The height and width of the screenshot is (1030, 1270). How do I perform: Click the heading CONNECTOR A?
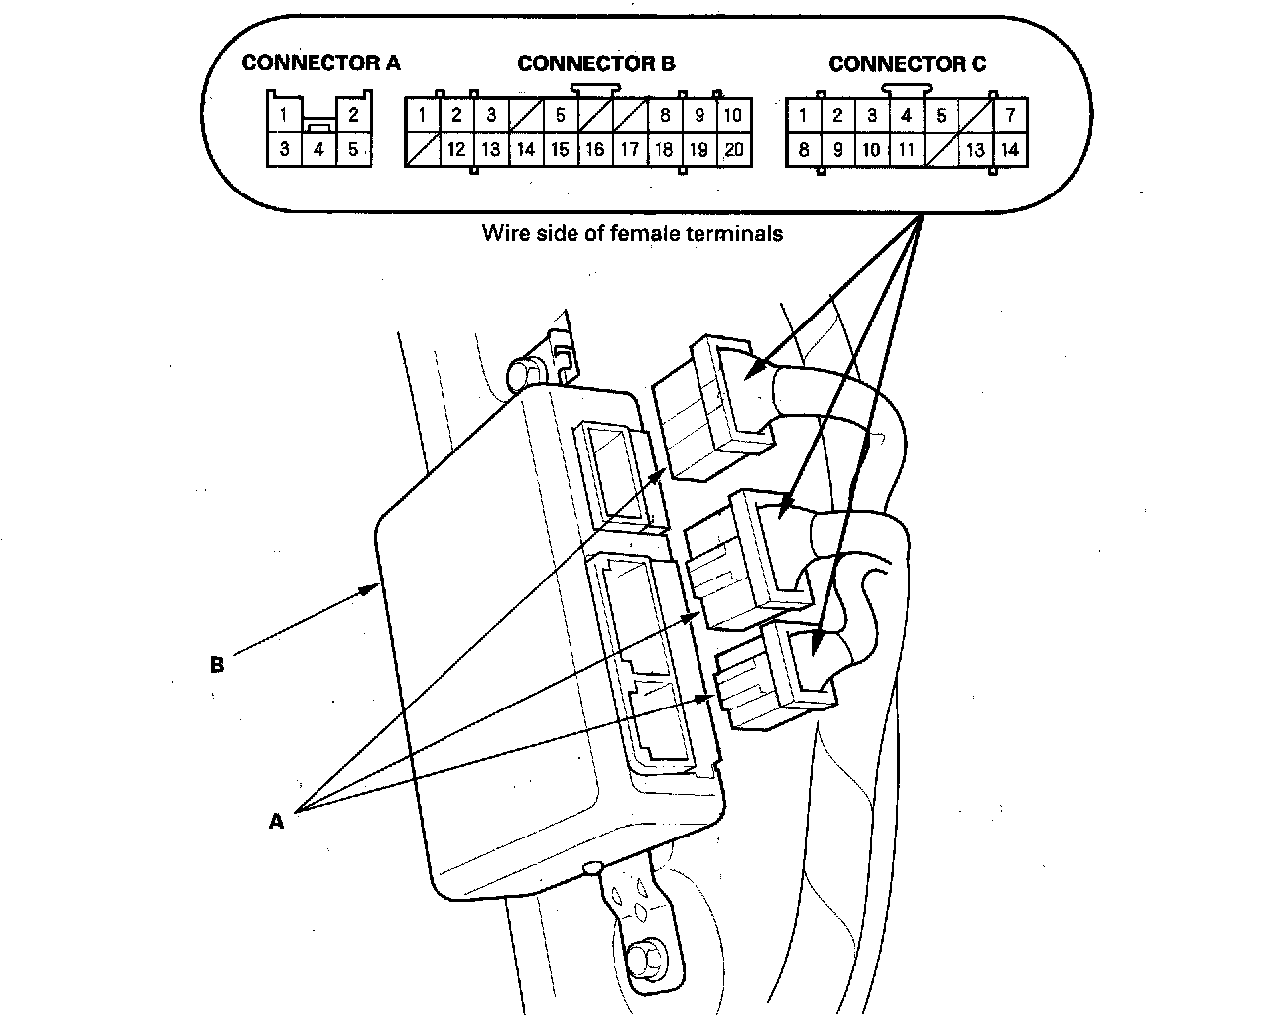320,64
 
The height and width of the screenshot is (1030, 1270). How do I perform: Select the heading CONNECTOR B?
596,64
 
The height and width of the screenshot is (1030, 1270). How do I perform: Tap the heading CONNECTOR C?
907,64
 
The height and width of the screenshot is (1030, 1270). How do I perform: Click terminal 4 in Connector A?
318,151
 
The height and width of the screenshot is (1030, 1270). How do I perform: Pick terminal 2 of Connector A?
353,115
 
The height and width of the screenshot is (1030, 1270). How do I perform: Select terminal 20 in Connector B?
733,151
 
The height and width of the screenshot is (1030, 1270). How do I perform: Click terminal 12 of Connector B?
456,151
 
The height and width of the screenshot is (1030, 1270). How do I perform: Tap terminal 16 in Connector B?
595,151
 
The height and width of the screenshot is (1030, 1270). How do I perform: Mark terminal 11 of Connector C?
906,151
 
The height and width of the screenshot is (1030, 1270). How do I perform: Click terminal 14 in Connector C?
1010,151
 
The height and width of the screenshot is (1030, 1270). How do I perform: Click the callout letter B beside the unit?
217,665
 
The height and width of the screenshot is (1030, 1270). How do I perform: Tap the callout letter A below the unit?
276,821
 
